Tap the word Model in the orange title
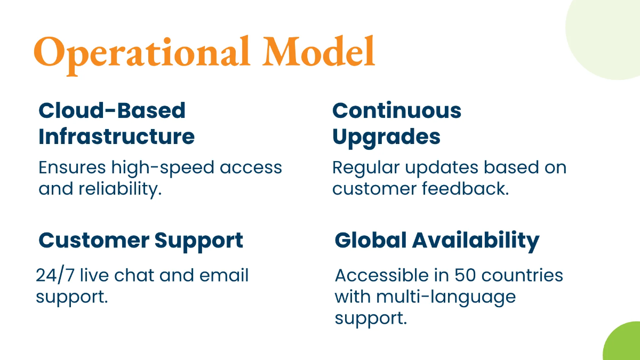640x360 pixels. click(318, 51)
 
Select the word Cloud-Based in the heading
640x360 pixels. click(112, 110)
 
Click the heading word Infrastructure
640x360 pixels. click(117, 137)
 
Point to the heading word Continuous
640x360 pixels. click(397, 110)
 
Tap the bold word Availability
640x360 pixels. click(476, 242)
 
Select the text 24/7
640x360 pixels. click(55, 275)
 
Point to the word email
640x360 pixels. click(224, 275)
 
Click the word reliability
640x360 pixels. click(120, 189)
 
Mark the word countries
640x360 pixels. click(522, 275)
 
